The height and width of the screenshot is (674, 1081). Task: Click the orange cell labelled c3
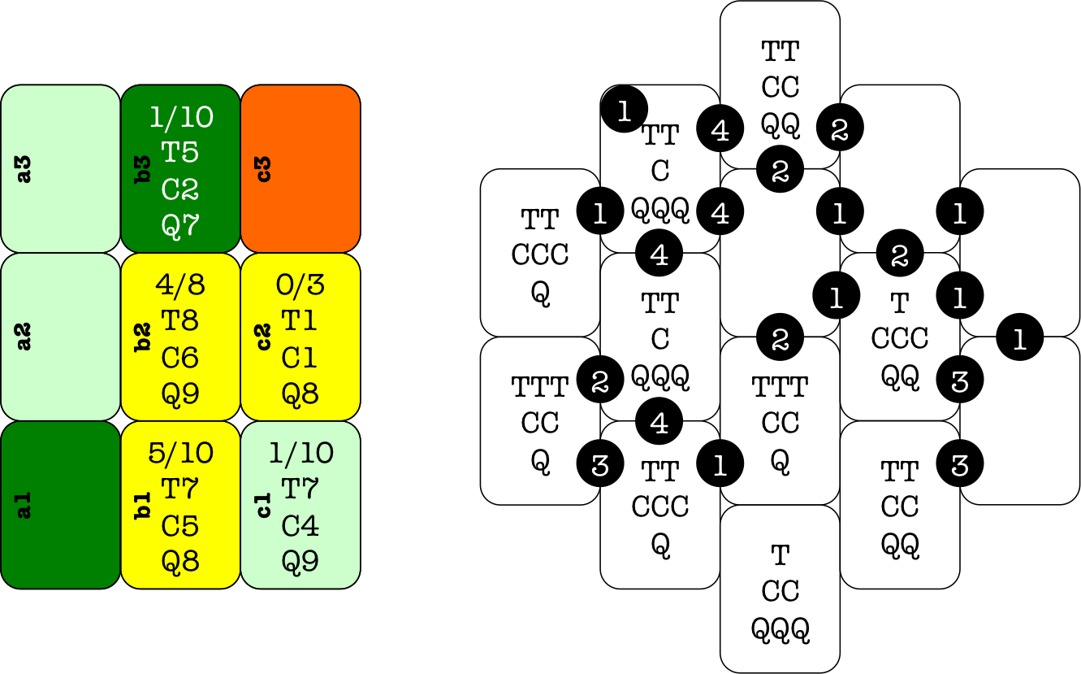pos(301,168)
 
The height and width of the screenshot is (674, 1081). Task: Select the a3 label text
pos(24,169)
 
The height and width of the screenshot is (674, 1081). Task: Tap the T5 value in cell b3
pos(180,152)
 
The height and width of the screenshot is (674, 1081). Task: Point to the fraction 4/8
pos(180,285)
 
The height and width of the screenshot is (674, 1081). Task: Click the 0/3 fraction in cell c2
pos(300,285)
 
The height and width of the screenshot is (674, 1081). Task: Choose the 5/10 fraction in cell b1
pos(180,453)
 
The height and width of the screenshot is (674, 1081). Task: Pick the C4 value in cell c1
pos(300,526)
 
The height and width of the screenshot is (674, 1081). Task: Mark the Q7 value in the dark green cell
pos(180,225)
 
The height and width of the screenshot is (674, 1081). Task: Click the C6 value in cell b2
pos(180,358)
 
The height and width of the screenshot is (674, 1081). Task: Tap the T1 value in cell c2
pos(300,321)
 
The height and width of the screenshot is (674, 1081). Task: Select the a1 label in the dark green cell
pos(24,505)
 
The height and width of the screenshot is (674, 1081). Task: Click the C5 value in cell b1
pos(180,526)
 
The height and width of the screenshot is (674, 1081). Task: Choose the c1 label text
pos(264,505)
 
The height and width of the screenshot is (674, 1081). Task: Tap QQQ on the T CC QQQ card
pos(780,628)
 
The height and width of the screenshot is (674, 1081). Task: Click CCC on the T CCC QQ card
pos(900,338)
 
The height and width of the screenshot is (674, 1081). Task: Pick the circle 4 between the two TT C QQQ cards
pos(659,254)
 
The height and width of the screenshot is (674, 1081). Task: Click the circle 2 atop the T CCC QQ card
pos(900,255)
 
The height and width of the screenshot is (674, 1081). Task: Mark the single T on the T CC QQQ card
pos(780,555)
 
